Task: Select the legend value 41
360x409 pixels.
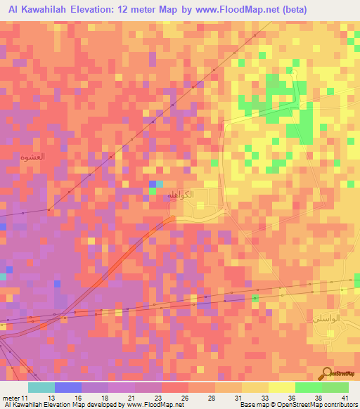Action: pos(344,398)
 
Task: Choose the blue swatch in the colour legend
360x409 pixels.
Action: pos(67,387)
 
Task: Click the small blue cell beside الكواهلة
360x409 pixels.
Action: pos(152,184)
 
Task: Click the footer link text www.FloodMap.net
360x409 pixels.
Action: pos(150,405)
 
